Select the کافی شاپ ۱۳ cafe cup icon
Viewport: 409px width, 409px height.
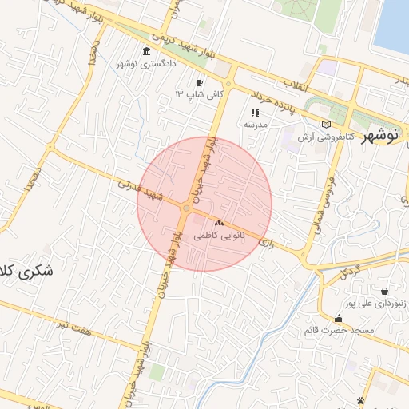click(199, 82)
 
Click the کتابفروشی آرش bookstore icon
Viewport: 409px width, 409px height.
click(324, 125)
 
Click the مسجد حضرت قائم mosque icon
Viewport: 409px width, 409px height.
click(339, 318)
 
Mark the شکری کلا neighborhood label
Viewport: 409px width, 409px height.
click(26, 272)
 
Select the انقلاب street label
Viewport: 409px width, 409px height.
click(296, 83)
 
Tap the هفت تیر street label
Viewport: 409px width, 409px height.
click(74, 323)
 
